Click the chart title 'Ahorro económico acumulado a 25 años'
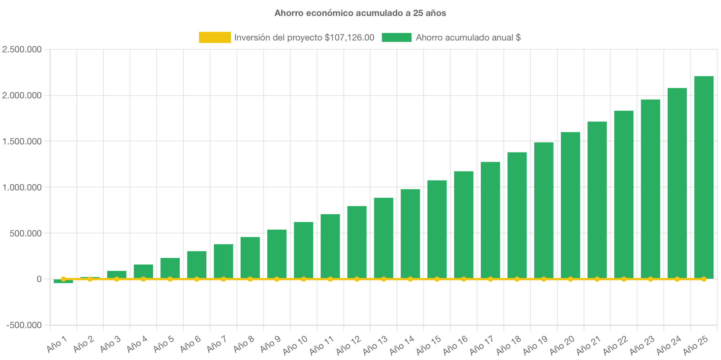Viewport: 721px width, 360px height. coord(360,13)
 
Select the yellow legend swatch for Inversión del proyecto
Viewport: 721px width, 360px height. coord(215,37)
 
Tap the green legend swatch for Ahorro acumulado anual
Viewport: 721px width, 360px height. coord(397,37)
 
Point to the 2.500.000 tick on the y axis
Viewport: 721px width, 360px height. coord(22,49)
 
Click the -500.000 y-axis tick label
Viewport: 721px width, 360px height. coord(24,325)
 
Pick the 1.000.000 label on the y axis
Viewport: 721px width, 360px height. coord(22,187)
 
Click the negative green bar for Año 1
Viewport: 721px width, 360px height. coord(63,282)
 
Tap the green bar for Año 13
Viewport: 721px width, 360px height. coord(384,238)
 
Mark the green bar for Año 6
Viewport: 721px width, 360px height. coord(197,264)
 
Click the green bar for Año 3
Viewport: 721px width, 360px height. coord(117,274)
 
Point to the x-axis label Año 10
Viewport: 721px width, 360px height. coord(296,345)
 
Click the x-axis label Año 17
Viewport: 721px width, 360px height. coord(482,345)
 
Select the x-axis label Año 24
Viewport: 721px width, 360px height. coord(669,345)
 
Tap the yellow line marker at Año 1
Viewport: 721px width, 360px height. coord(63,279)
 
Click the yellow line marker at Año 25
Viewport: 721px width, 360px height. coord(704,279)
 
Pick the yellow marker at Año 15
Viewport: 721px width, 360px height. coord(437,279)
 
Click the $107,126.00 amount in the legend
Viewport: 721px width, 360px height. coord(349,37)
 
